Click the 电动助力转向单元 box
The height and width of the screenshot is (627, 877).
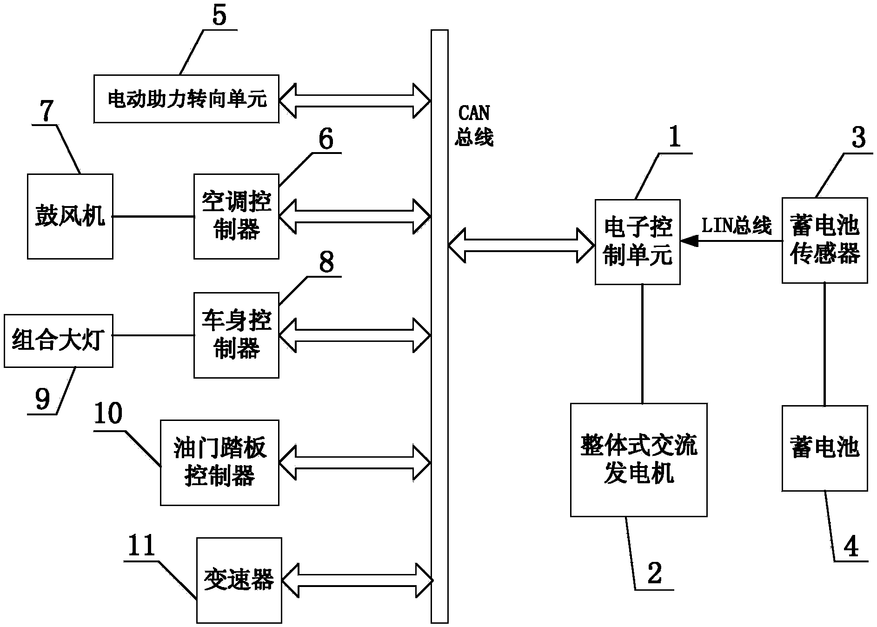pos(186,99)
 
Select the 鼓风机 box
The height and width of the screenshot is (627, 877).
pos(70,216)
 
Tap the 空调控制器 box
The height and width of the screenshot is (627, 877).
pos(236,216)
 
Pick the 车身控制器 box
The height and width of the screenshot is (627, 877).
pos(236,335)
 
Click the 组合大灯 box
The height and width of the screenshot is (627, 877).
pos(58,341)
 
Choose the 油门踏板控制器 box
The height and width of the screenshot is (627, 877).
pos(219,462)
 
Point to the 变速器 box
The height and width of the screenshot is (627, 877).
pos(239,580)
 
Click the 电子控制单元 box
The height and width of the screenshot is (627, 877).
pos(638,242)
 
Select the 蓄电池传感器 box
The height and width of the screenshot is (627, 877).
pos(824,240)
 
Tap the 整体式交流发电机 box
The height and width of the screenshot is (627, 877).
pos(638,460)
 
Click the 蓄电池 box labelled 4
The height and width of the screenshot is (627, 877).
pos(824,448)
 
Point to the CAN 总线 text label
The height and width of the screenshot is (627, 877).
pos(474,126)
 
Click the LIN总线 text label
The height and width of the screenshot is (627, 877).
pos(736,226)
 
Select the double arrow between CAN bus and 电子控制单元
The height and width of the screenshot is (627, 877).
pos(521,246)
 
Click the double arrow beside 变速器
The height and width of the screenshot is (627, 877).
pos(356,580)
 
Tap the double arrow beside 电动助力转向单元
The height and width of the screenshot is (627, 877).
pos(355,100)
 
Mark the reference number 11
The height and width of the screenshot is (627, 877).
pos(141,546)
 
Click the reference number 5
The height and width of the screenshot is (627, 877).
pos(219,15)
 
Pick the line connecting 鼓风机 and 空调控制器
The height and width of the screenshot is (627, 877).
pos(153,216)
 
